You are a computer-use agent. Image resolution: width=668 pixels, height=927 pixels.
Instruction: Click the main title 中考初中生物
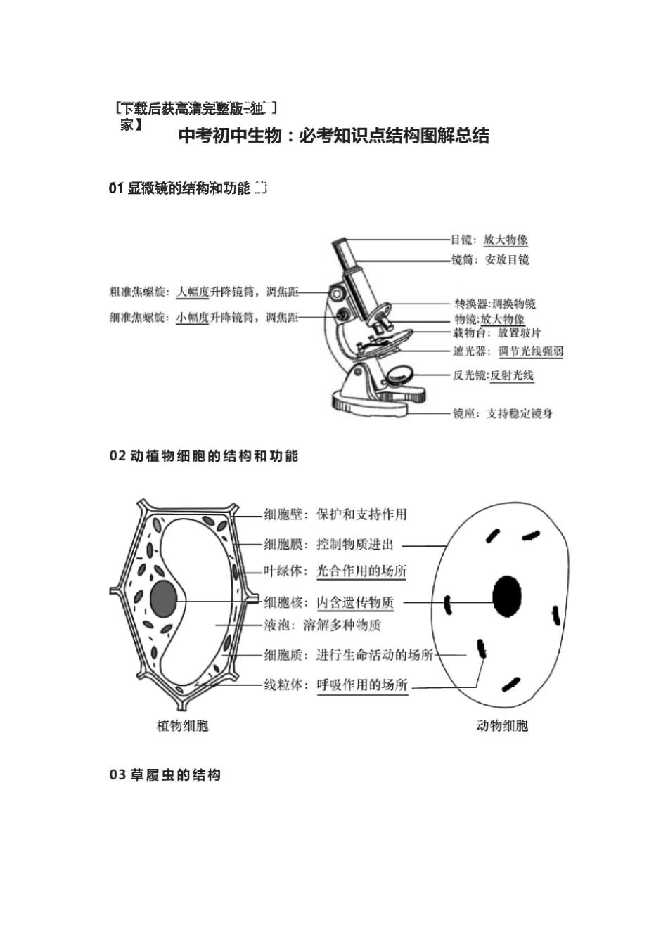coord(333,136)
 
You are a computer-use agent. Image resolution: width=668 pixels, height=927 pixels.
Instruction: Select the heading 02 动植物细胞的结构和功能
coord(204,456)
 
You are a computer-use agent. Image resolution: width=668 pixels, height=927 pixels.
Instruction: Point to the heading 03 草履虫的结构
coord(165,775)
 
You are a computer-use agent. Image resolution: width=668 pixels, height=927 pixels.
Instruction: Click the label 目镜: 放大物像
coord(489,240)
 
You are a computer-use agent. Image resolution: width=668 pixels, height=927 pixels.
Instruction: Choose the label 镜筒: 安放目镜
coord(490,260)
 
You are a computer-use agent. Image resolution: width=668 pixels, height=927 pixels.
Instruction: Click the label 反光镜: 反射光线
coord(493,375)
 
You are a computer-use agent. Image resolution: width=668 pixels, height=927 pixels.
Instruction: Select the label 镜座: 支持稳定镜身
coord(502,413)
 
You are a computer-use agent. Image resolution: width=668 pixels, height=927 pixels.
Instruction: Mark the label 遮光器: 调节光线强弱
coord(508,351)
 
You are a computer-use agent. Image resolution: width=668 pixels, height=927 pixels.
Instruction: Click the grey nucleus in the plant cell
coord(164,599)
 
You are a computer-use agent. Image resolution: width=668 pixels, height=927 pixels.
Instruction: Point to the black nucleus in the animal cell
coord(507,596)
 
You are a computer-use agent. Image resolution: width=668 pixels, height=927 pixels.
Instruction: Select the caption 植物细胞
coord(182,726)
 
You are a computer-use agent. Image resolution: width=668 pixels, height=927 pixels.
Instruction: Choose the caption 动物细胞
coord(502,726)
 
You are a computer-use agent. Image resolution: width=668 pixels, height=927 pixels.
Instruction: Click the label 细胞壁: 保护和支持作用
coord(335,514)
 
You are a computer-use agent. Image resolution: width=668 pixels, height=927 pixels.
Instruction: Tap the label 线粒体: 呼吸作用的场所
coord(335,685)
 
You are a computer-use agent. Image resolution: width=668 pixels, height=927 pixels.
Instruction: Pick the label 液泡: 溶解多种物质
coord(323,625)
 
